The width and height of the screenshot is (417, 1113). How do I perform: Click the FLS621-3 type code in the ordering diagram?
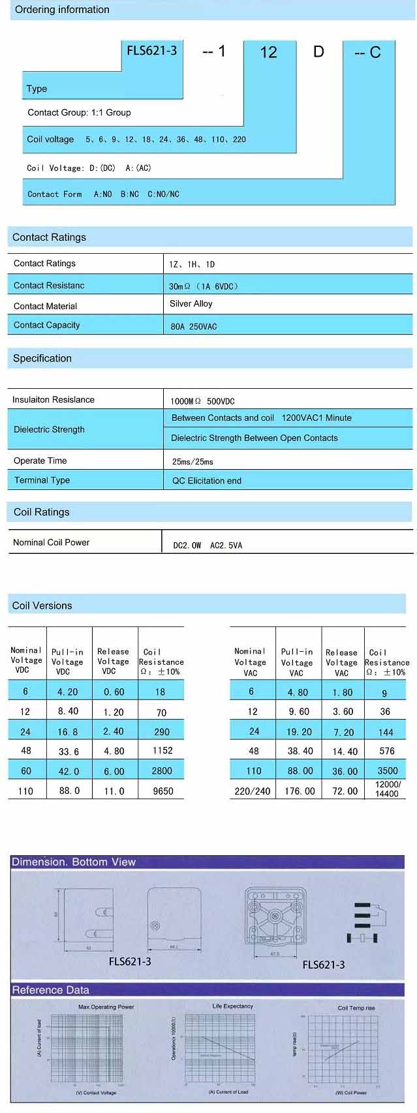pyautogui.click(x=151, y=51)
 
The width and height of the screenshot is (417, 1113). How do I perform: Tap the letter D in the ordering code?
pyautogui.click(x=318, y=52)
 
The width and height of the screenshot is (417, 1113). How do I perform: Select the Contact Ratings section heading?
pyautogui.click(x=50, y=237)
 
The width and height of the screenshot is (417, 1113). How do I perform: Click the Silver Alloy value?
pyautogui.click(x=191, y=303)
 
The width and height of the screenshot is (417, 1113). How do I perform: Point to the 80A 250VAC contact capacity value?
pyautogui.click(x=194, y=326)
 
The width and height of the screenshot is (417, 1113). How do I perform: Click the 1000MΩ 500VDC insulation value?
pyautogui.click(x=203, y=401)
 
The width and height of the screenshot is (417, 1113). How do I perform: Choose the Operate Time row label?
pyautogui.click(x=40, y=461)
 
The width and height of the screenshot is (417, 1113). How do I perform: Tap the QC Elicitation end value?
pyautogui.click(x=207, y=481)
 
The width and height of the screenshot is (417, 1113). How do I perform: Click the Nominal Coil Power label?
pyautogui.click(x=52, y=542)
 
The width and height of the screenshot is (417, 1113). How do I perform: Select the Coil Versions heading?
pyautogui.click(x=42, y=605)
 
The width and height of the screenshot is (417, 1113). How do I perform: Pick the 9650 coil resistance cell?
pyautogui.click(x=162, y=791)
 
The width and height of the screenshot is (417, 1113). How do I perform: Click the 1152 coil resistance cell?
pyautogui.click(x=162, y=751)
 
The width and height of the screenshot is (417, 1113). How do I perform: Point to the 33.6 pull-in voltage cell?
pyautogui.click(x=69, y=752)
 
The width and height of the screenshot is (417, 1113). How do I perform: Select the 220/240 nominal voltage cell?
pyautogui.click(x=253, y=791)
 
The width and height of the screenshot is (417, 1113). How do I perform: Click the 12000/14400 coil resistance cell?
pyautogui.click(x=386, y=789)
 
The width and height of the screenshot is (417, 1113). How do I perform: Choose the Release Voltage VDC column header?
pyautogui.click(x=113, y=661)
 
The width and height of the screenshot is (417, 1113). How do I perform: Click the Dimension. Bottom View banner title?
pyautogui.click(x=74, y=862)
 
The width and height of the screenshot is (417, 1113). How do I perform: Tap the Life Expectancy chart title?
pyautogui.click(x=232, y=1006)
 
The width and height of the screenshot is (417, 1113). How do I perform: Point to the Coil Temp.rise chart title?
pyautogui.click(x=356, y=1008)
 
